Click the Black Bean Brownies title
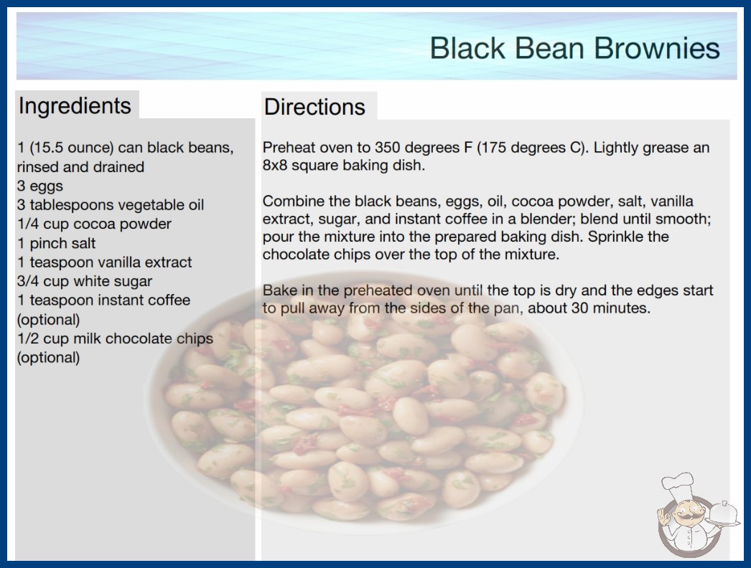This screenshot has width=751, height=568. pos(575,48)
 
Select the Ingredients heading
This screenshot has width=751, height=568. pos(75,105)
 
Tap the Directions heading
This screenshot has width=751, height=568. pos(314,107)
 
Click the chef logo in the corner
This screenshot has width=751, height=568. pos(696,515)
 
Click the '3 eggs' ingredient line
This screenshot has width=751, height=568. pos(40,186)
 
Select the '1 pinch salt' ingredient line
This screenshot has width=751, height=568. pos(57,243)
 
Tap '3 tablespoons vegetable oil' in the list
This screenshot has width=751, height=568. pos(111,205)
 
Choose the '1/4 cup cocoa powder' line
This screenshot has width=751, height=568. pos(94,224)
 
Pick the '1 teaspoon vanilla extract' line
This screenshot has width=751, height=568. pos(104,262)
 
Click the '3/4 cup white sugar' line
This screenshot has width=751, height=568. pos(85,281)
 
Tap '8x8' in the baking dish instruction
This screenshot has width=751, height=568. pos(275,165)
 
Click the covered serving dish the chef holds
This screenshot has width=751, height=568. pos(724,513)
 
